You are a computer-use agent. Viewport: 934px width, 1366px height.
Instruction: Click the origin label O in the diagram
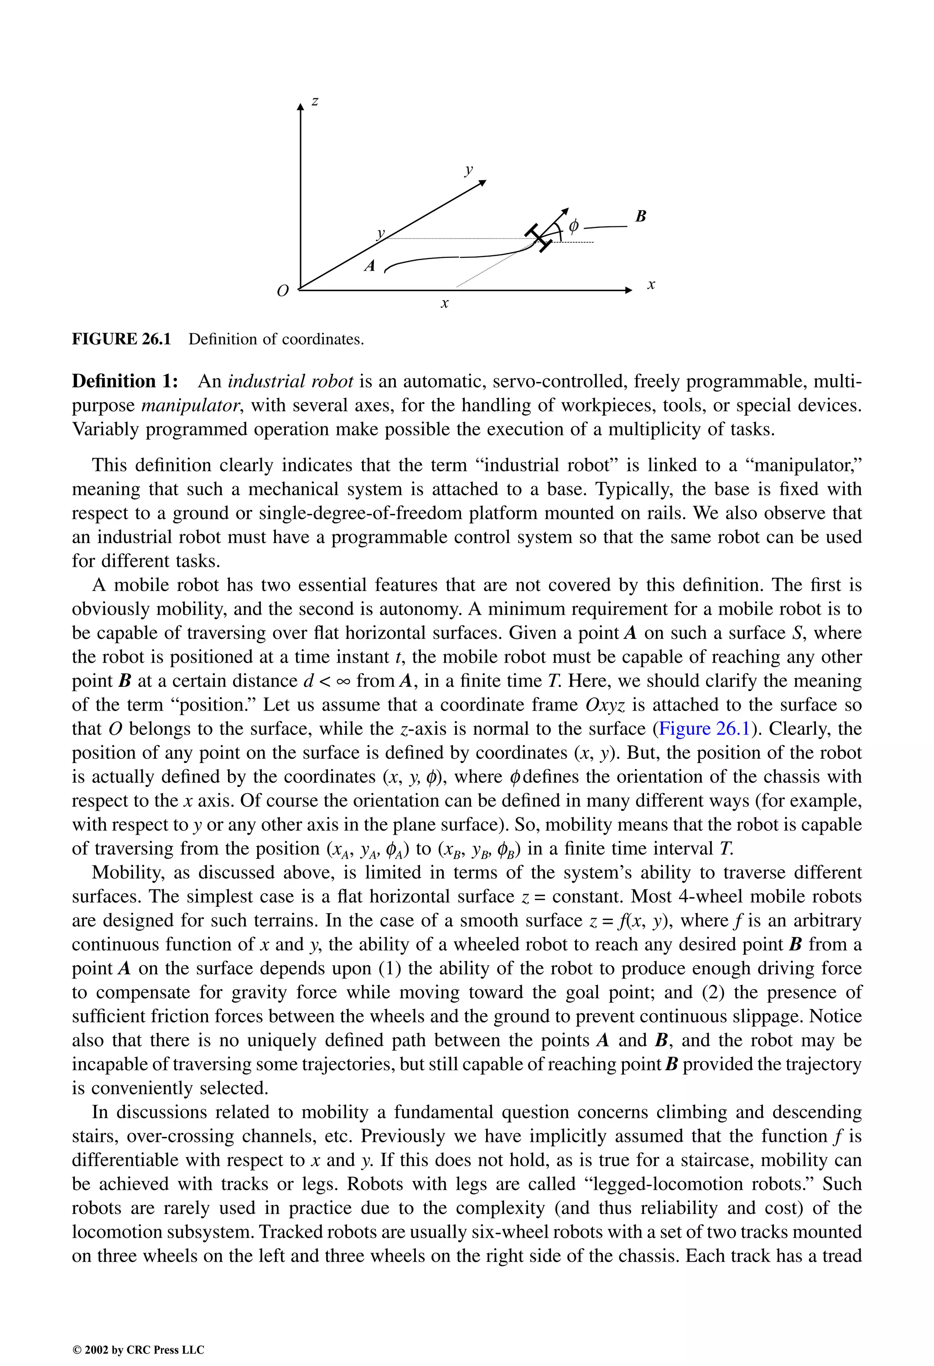(x=283, y=291)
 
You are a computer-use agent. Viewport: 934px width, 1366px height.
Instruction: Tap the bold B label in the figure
(x=641, y=216)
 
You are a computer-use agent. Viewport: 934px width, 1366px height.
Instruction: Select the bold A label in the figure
(x=369, y=266)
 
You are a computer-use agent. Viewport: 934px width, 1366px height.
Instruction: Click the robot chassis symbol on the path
(x=539, y=237)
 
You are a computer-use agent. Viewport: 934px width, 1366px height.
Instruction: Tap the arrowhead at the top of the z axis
(x=300, y=106)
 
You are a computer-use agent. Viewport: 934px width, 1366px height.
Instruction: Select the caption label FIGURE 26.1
(x=121, y=339)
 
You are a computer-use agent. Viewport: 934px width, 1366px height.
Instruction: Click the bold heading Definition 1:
(x=125, y=382)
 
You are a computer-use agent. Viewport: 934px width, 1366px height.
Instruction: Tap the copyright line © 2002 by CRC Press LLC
(x=138, y=1350)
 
